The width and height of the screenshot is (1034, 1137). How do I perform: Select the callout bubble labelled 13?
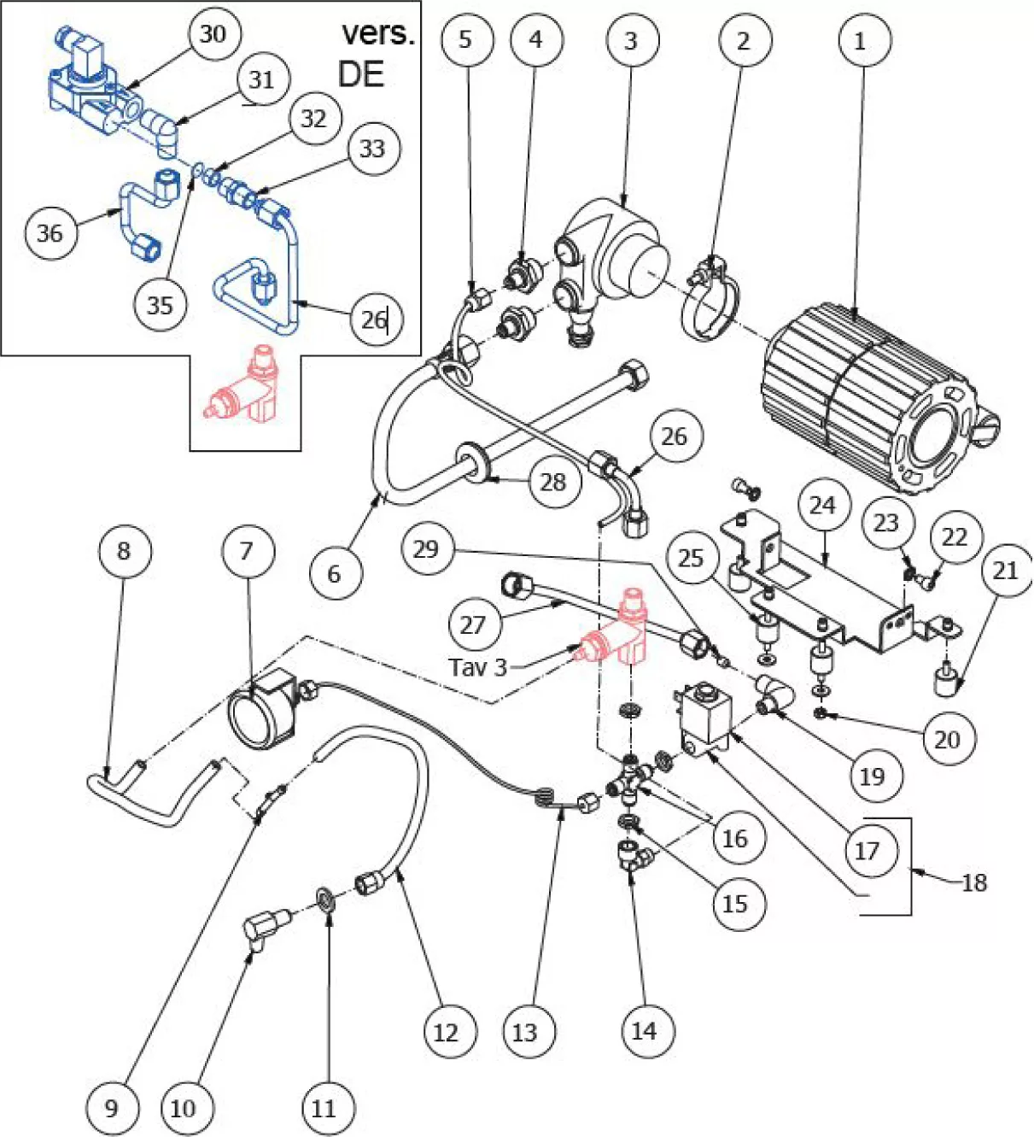tap(524, 1032)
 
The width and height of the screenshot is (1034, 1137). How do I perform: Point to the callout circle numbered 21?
tap(1006, 570)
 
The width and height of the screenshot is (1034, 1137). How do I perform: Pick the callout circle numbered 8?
tap(125, 550)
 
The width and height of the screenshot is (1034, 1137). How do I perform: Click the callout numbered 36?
tap(51, 232)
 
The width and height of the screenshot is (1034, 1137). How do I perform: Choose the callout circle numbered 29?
tap(427, 548)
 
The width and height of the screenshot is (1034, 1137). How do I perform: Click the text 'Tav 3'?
tap(477, 667)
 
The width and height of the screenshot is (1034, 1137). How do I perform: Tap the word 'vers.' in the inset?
tap(378, 34)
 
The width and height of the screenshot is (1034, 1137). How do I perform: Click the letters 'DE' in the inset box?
tap(361, 74)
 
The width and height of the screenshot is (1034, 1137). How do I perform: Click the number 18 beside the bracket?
tap(974, 882)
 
